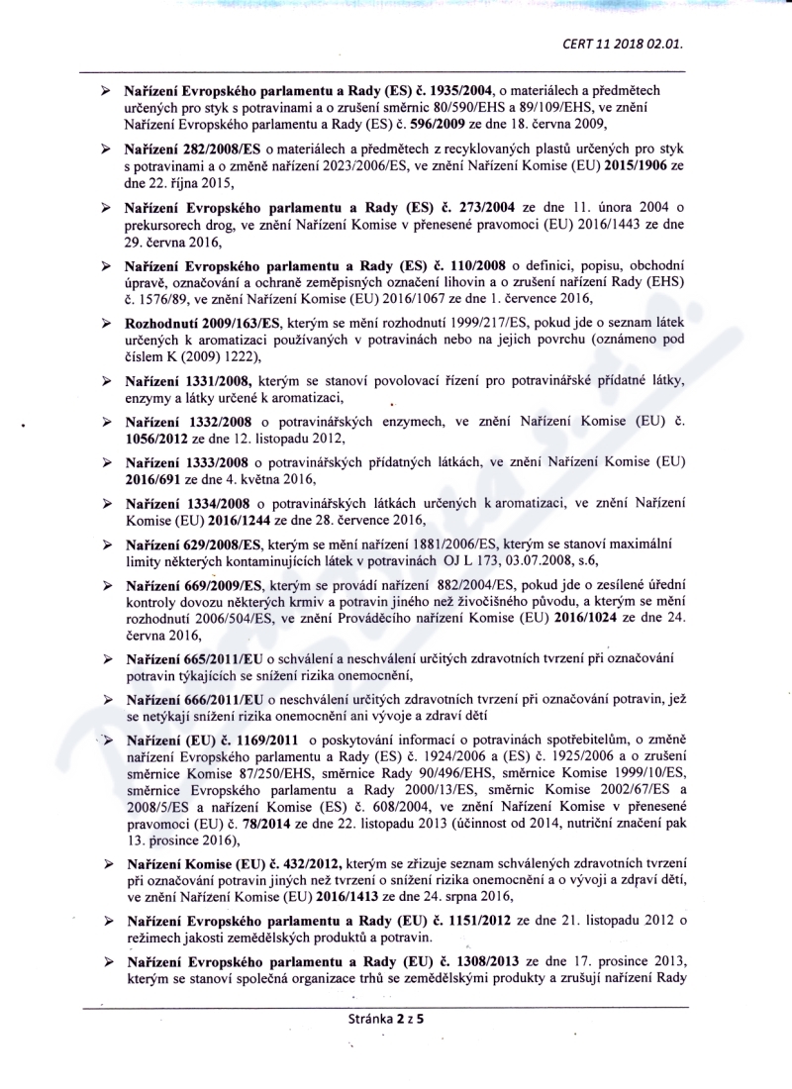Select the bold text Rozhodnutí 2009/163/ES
(x=203, y=325)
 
